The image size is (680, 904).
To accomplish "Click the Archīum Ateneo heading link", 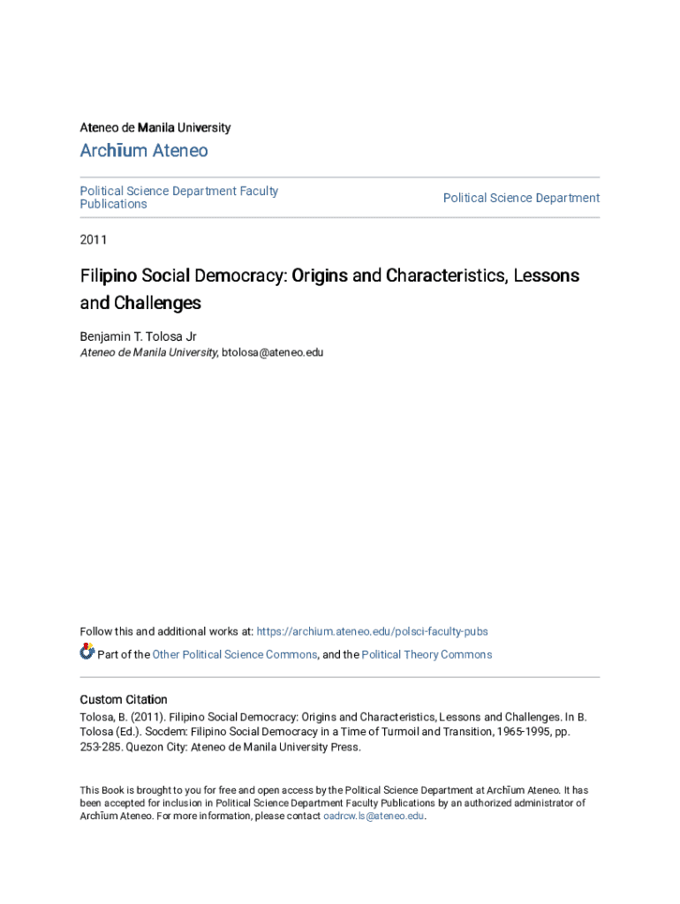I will pyautogui.click(x=144, y=151).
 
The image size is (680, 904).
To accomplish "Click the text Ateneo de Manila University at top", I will pyautogui.click(x=155, y=128).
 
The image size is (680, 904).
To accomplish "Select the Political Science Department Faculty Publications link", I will pyautogui.click(x=178, y=198).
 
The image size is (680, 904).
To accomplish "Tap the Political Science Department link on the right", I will pyautogui.click(x=521, y=198).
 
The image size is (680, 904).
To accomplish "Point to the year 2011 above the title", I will pyautogui.click(x=94, y=239).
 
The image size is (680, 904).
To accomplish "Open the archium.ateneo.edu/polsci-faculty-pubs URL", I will pyautogui.click(x=372, y=632).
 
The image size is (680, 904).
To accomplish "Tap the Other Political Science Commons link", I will pyautogui.click(x=234, y=655).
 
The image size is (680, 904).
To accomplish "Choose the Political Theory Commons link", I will pyautogui.click(x=427, y=655).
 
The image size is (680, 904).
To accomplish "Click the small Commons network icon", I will pyautogui.click(x=87, y=652).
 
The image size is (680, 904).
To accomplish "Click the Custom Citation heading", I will pyautogui.click(x=124, y=700).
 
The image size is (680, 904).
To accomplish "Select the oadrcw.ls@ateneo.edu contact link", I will pyautogui.click(x=374, y=817).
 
